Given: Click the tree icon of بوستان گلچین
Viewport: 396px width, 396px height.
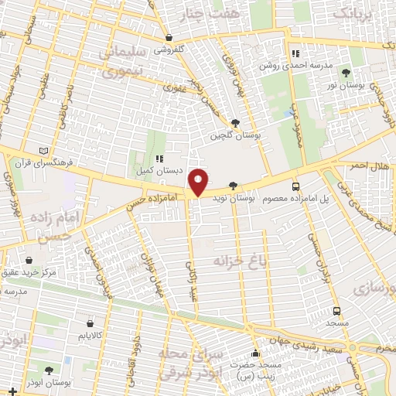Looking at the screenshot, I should coord(235,122).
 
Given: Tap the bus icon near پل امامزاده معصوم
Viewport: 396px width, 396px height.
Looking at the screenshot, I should coord(295,186).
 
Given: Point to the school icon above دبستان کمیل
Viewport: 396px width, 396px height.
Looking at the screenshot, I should coord(161,158).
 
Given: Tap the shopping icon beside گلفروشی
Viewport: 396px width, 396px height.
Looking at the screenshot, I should coord(169,37).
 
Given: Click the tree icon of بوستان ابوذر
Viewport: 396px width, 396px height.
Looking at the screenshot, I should coord(50,370).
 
